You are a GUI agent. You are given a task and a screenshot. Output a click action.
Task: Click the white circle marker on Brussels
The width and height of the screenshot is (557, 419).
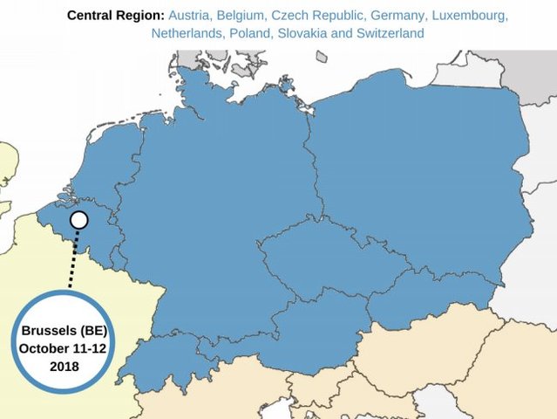tap(78, 220)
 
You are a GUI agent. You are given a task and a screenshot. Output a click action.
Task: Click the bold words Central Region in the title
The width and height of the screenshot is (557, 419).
tap(115, 16)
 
